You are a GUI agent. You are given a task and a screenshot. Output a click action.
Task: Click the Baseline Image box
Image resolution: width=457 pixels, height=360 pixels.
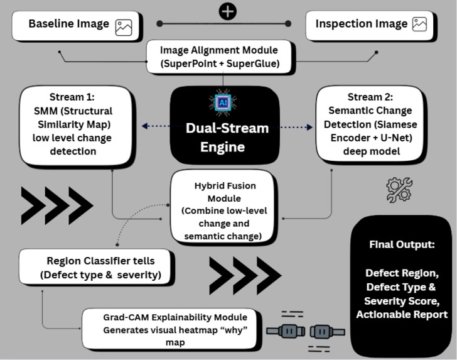click(x=75, y=25)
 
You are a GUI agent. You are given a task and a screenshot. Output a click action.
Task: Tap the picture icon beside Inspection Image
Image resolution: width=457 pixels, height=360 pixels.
click(x=419, y=24)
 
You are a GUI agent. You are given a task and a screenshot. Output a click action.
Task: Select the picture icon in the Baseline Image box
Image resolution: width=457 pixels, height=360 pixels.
click(x=124, y=28)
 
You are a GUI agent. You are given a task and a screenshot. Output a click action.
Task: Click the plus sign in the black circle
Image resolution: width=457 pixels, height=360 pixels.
click(x=228, y=12)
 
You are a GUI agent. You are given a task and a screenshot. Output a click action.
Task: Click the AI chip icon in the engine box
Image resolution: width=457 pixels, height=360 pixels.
click(x=223, y=102)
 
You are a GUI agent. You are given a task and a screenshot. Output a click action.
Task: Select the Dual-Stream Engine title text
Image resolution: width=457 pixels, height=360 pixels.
click(x=227, y=138)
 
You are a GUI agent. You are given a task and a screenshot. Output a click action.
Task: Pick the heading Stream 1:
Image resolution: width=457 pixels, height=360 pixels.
click(x=72, y=97)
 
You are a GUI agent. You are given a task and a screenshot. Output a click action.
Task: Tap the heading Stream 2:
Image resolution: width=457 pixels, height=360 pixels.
click(x=370, y=97)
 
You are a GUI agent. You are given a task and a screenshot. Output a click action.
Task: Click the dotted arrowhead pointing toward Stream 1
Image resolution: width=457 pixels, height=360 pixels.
click(x=144, y=126)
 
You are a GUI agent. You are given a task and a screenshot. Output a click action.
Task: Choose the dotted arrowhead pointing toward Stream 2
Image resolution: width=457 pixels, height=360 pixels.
click(x=309, y=127)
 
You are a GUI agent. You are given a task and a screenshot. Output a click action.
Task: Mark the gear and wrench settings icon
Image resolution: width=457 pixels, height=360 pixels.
click(x=399, y=190)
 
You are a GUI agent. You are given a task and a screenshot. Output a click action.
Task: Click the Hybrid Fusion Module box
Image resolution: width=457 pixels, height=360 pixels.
click(x=223, y=205)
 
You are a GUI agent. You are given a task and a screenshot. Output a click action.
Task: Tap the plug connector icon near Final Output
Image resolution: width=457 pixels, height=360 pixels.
click(x=306, y=331)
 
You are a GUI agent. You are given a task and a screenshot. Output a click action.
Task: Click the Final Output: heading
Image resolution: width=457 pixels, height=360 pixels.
click(x=402, y=244)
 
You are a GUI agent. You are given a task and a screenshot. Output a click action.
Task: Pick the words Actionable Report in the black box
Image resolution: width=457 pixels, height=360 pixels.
click(x=402, y=315)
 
